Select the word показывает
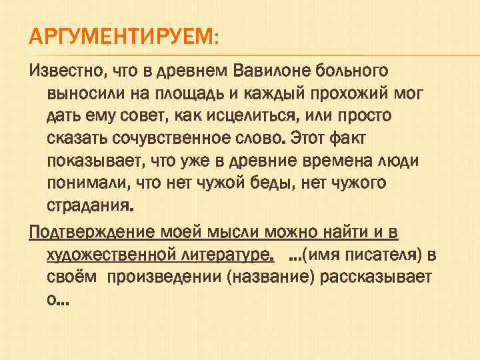[x=90, y=163]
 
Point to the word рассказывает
[x=377, y=279]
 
